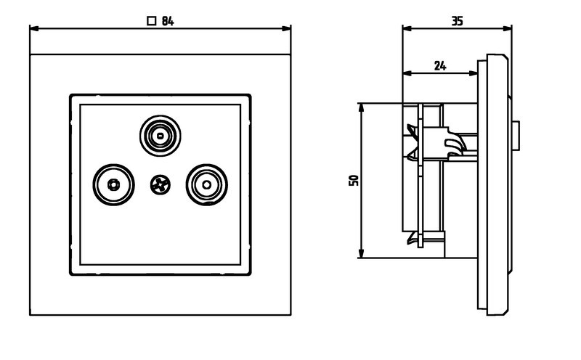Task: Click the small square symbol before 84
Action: coord(151,21)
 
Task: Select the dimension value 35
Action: coord(457,21)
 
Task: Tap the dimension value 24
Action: coord(440,65)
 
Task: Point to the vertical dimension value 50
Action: coord(354,180)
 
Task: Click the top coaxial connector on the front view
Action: coord(159,134)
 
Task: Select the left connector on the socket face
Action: coord(113,184)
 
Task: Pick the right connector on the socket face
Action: coord(206,184)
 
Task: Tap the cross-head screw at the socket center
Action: coord(159,185)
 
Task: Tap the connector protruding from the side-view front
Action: coord(516,134)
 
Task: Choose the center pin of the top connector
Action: coord(159,134)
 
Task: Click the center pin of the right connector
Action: coord(206,184)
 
